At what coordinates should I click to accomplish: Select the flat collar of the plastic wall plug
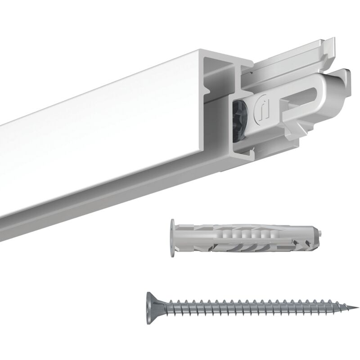[172, 238]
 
